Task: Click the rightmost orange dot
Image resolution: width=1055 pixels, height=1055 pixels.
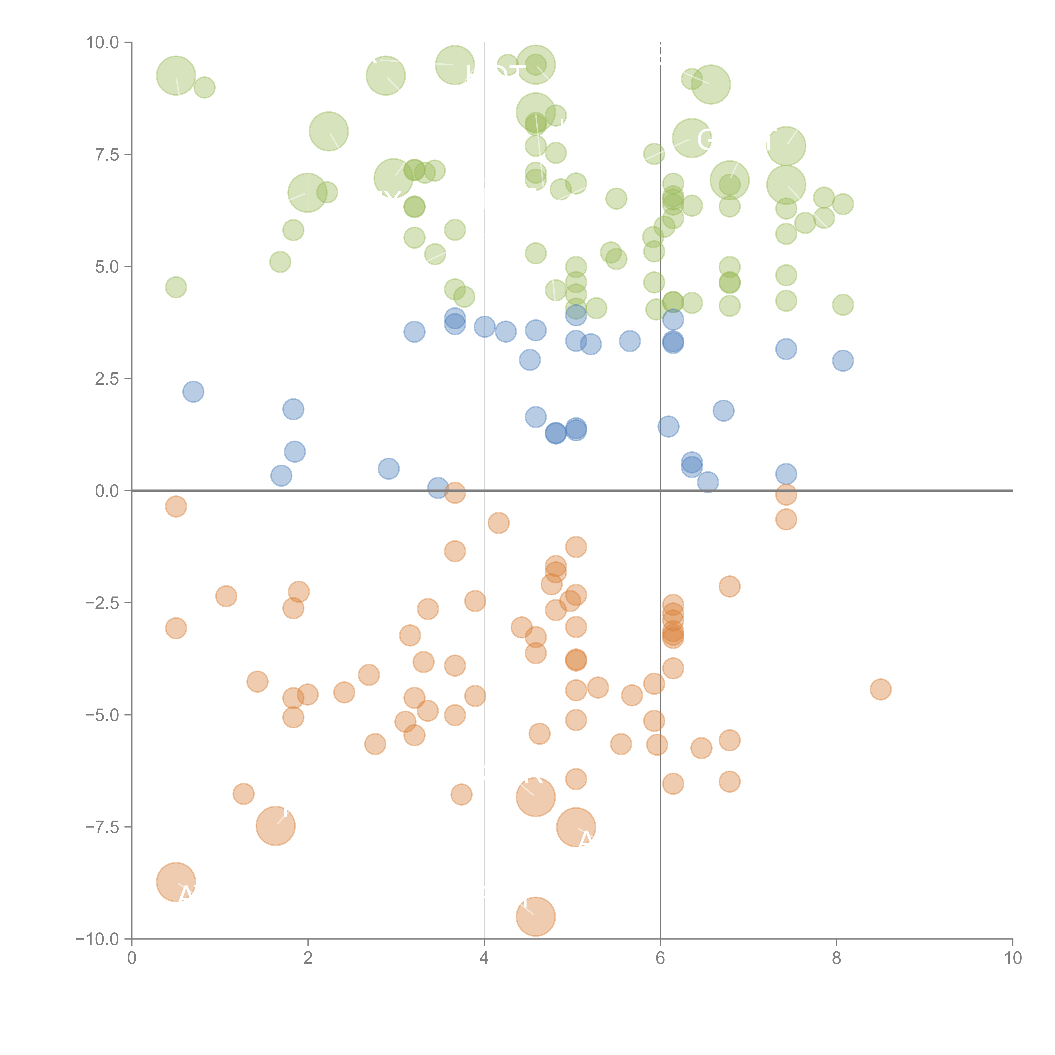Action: coord(880,689)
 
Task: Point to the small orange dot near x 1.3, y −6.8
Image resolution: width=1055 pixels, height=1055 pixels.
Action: coord(243,793)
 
